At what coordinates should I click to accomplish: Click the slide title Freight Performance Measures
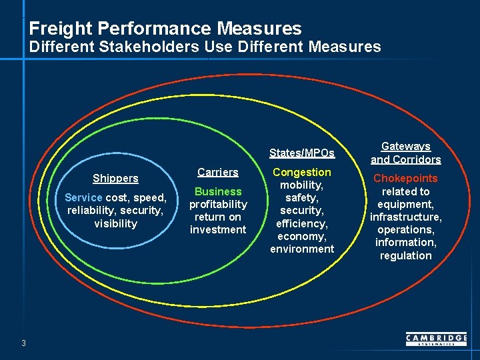[x=165, y=29]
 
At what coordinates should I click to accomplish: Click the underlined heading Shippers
[x=115, y=178]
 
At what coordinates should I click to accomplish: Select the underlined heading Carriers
[x=217, y=172]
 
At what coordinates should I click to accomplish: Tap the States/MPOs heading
[x=301, y=153]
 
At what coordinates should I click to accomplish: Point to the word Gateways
[x=405, y=146]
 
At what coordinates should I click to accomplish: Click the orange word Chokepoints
[x=405, y=178]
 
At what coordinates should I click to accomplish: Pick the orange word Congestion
[x=301, y=172]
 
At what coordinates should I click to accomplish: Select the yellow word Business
[x=217, y=191]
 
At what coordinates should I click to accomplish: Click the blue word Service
[x=83, y=197]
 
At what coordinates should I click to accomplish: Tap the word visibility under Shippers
[x=115, y=223]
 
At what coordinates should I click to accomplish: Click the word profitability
[x=217, y=204]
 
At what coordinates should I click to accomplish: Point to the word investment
[x=217, y=229]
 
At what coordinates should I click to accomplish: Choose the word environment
[x=301, y=249]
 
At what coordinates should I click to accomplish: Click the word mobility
[x=301, y=185]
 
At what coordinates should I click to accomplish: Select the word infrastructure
[x=405, y=217]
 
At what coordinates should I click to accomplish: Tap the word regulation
[x=405, y=255]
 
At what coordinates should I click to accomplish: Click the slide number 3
[x=23, y=343]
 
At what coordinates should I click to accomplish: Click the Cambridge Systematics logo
[x=436, y=340]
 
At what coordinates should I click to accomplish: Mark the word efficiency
[x=301, y=223]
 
